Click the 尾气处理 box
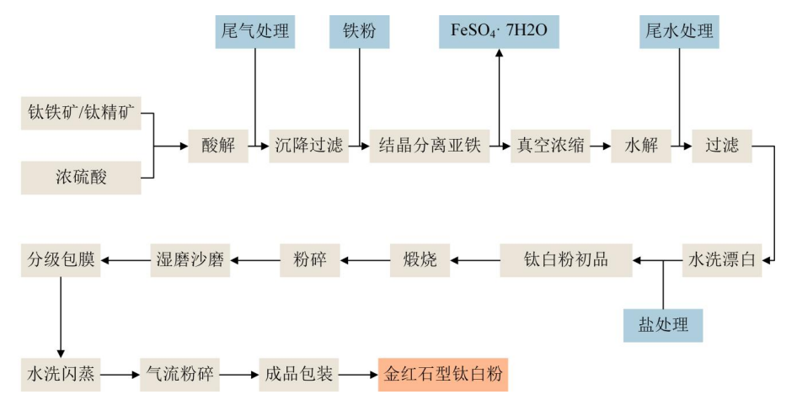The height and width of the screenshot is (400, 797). (254, 32)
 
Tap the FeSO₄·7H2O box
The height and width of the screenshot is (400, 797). (500, 32)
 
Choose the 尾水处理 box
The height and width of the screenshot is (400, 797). (678, 32)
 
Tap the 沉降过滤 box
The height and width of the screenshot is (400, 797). (308, 146)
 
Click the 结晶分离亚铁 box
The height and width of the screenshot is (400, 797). (430, 146)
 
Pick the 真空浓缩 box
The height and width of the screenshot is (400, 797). (551, 146)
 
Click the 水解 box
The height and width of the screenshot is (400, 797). (639, 146)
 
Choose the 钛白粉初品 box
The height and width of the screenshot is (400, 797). (566, 259)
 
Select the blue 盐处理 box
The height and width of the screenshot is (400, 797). (663, 324)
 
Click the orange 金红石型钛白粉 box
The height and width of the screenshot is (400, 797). (443, 372)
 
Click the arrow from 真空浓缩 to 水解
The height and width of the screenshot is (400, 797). (600, 146)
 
